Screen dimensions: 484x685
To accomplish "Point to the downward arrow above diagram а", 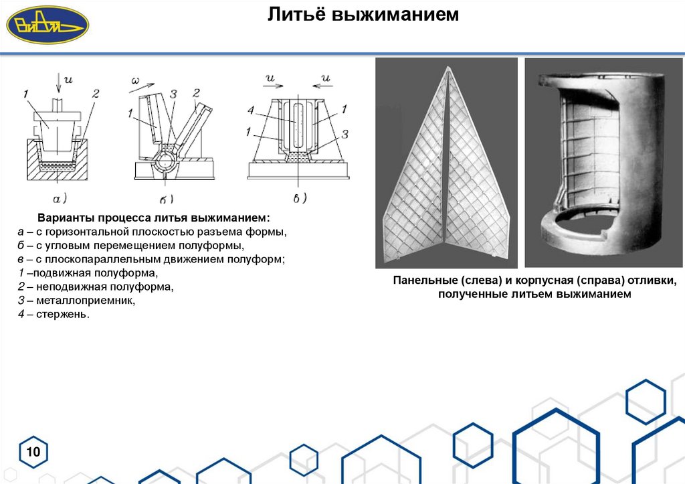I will click(60, 84).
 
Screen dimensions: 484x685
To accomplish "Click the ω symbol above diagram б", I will click(135, 82).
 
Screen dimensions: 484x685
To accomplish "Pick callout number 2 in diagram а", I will click(95, 94).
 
